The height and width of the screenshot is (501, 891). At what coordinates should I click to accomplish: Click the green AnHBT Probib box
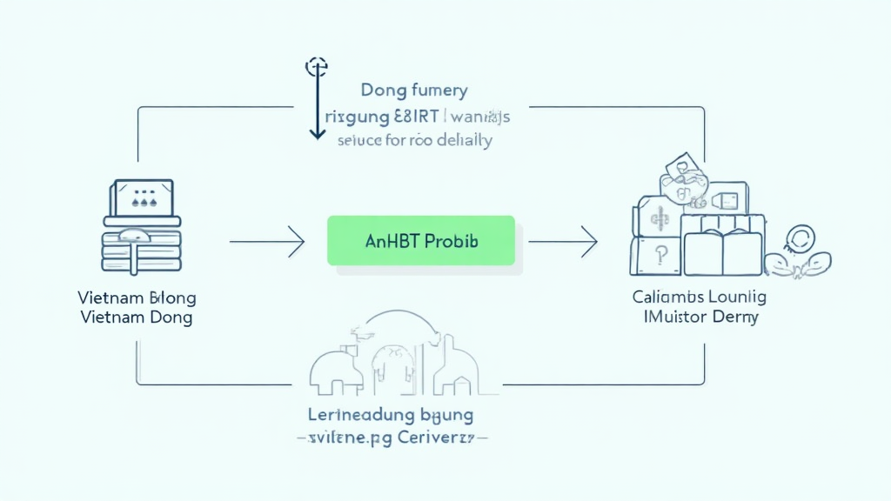(420, 240)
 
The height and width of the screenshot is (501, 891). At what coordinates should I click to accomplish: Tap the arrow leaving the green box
(563, 240)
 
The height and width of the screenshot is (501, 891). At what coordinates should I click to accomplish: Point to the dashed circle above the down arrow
(316, 66)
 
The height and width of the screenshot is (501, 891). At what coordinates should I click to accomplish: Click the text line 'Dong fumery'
(413, 90)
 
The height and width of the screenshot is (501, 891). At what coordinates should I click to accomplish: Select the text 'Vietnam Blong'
(135, 297)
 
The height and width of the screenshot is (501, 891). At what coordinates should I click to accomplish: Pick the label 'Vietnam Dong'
(135, 317)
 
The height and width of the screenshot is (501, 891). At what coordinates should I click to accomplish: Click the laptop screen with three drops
(139, 198)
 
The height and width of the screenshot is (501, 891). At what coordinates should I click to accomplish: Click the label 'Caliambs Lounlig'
(700, 297)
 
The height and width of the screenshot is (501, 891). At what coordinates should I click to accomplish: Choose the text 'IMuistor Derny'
(700, 317)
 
